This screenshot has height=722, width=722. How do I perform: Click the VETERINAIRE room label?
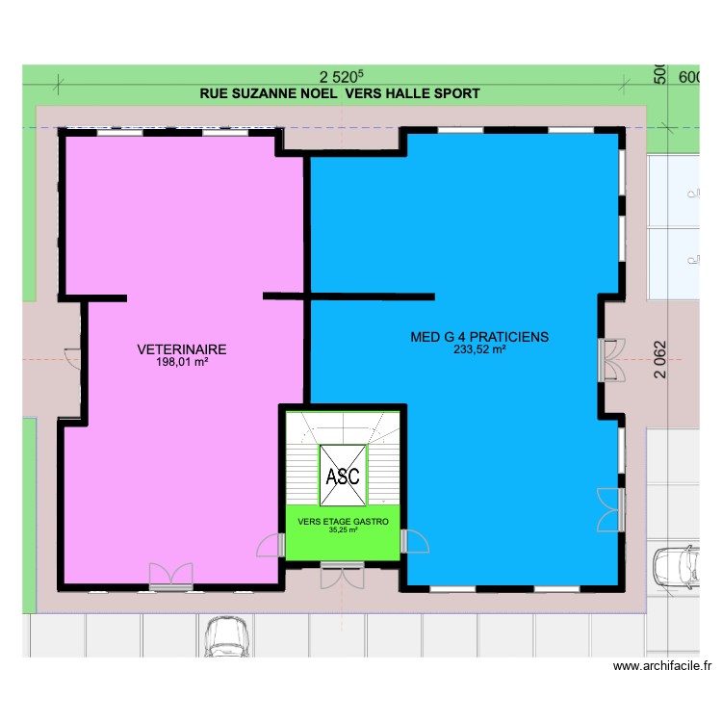[181, 349]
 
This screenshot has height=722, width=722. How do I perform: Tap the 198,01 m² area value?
[182, 363]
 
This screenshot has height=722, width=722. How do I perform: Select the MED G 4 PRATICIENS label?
[479, 337]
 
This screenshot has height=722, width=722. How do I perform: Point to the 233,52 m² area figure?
[479, 350]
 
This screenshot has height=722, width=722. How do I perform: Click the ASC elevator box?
[343, 475]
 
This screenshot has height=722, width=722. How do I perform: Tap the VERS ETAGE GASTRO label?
[343, 521]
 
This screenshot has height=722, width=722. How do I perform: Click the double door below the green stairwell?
[343, 575]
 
